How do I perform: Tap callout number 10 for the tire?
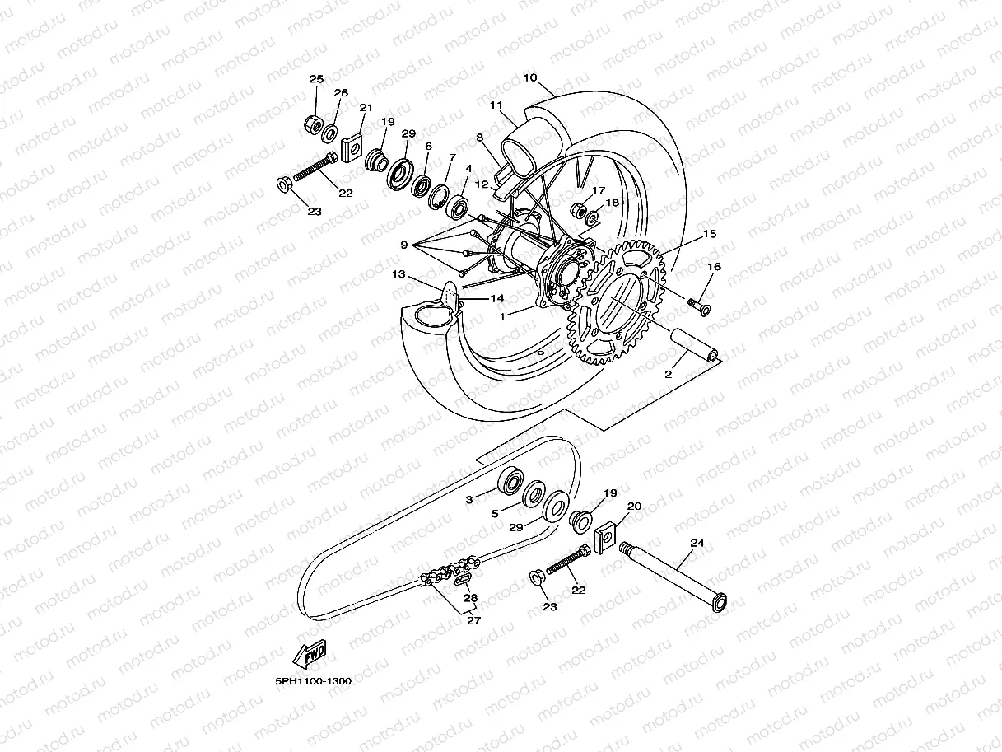point(529,78)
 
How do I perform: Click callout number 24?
point(697,544)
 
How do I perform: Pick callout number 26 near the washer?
point(341,93)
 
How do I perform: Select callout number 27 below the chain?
point(474,621)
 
